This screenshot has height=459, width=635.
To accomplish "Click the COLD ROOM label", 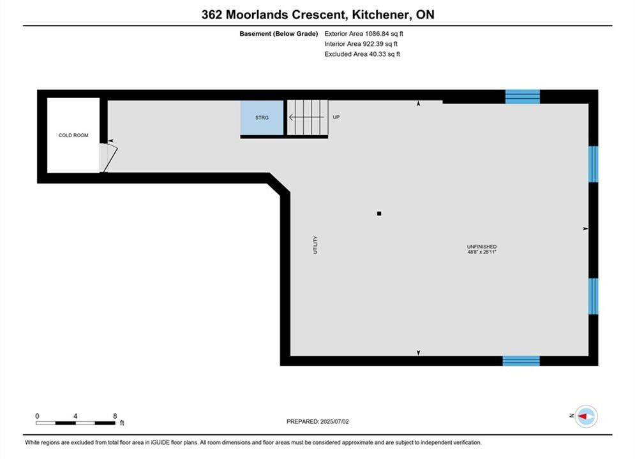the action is point(73,135).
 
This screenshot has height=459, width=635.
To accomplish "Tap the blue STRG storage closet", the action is point(262,118).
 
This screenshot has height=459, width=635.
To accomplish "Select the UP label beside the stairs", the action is point(336,117).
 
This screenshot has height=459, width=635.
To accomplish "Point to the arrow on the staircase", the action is point(306,117).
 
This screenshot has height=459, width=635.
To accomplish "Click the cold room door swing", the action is point(108,157).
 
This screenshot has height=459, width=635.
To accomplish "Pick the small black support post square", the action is point(379,214).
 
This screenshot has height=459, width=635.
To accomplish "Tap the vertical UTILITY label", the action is point(315,245).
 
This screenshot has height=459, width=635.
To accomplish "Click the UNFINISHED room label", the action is point(481,246).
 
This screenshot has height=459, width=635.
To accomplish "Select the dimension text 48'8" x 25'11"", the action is point(481,252).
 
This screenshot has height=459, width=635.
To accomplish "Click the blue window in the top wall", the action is point(523,97).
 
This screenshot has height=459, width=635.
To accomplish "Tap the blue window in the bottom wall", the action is point(521,361).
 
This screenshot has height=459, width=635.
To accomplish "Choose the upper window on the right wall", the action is point(594,164).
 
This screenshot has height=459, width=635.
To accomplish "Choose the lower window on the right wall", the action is point(594,296).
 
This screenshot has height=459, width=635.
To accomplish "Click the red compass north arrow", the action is point(583,416).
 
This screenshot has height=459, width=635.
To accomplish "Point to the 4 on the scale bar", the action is point(75,416).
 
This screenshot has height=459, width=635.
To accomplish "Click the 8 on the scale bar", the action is point(115,416).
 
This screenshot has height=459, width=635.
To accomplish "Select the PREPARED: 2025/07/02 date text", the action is point(318,421).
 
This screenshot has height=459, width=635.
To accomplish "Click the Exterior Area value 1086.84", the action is point(377,34).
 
